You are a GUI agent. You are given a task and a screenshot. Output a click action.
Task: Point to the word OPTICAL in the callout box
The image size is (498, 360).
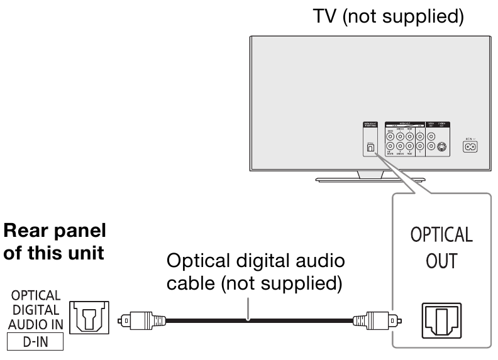click(441, 235)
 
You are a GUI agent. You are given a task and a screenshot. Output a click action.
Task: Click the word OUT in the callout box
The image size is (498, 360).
click(441, 261)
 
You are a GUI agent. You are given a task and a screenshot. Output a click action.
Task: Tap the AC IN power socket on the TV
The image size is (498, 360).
click(469, 146)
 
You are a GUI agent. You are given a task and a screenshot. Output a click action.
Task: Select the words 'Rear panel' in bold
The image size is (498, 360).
click(55, 231)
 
